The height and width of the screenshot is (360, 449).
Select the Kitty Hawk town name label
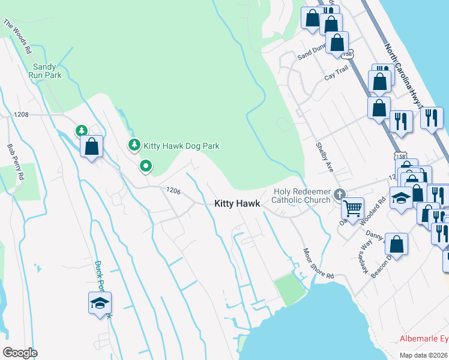tap(237, 204)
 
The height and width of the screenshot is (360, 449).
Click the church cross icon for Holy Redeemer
tap(340, 194)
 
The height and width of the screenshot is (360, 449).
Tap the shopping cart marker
tap(353, 208)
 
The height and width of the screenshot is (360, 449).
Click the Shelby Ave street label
tap(324, 157)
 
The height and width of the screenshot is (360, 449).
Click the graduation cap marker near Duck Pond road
tap(100, 302)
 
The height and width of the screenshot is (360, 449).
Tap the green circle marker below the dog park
tap(145, 166)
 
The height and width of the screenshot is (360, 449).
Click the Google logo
tap(20, 352)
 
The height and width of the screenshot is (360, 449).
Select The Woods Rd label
tap(17, 37)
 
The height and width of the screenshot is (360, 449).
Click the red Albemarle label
tap(424, 339)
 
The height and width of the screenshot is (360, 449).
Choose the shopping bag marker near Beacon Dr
tap(396, 244)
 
